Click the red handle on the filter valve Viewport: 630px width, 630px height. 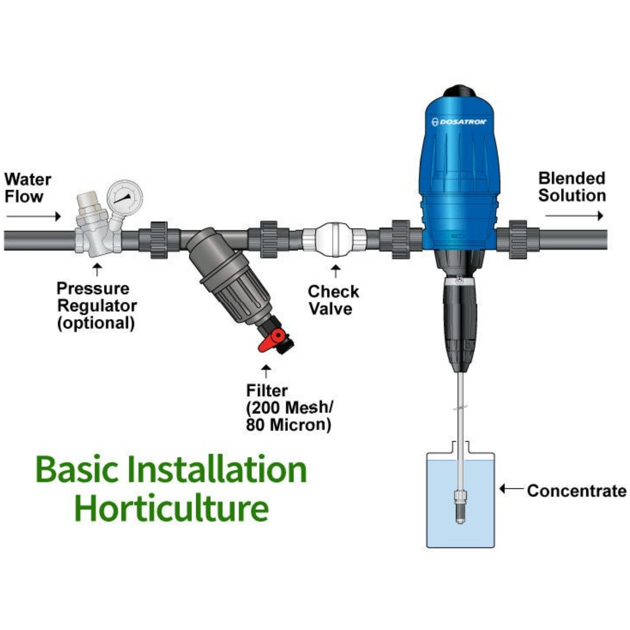coord(271,341)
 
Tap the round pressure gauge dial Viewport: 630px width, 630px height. coord(125,197)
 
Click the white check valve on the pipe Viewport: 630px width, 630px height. coord(334,239)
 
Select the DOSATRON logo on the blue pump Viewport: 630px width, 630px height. coord(459,122)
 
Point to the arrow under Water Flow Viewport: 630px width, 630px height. coord(33,216)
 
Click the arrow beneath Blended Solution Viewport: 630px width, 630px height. coord(574,216)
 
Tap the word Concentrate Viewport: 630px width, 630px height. coord(577,491)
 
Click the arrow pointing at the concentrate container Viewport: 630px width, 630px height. coord(511,489)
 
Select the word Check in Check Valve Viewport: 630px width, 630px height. coord(334,292)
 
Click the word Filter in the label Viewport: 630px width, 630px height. coord(267,390)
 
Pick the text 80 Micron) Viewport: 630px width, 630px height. coord(288,425)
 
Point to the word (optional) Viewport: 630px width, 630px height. coord(96,324)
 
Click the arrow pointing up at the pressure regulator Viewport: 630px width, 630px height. coord(97,269)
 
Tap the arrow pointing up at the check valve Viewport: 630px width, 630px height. coord(335,271)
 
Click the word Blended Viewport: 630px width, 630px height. coord(572,178)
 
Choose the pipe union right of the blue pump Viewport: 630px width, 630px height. coord(518,240)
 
